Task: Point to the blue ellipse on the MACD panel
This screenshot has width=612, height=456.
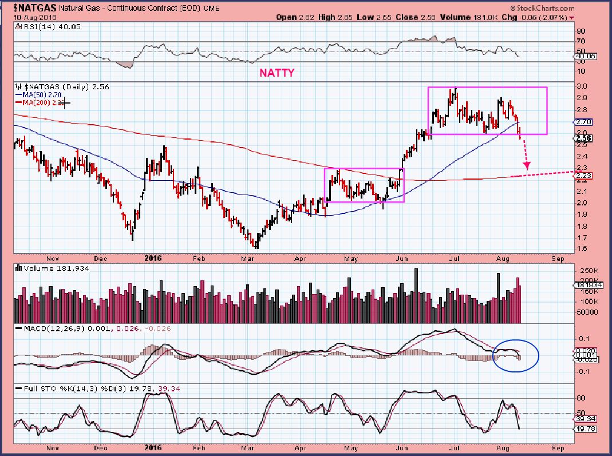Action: click(x=515, y=356)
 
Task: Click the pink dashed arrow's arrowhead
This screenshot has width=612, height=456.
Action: click(x=527, y=165)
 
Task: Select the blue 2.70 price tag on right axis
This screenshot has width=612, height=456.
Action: click(x=582, y=122)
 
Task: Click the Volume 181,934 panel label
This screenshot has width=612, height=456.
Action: click(x=47, y=267)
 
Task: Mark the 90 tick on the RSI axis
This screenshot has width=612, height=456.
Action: click(x=580, y=31)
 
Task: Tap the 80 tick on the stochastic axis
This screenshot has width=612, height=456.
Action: click(x=580, y=398)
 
